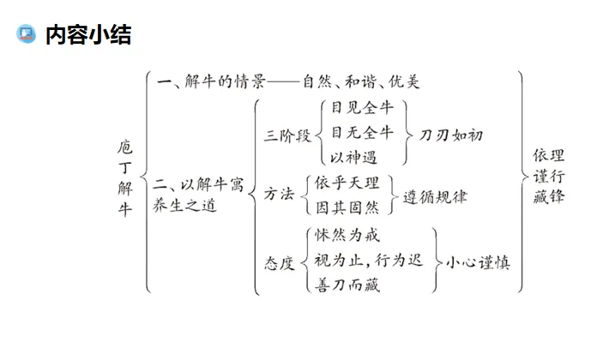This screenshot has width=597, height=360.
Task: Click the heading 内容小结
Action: coord(87,35)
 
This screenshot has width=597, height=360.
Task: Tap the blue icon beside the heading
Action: coord(27,34)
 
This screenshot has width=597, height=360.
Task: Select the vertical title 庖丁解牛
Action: coord(124,179)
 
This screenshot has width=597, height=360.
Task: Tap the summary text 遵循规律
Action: coord(436,195)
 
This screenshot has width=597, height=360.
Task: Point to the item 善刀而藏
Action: coord(347,285)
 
